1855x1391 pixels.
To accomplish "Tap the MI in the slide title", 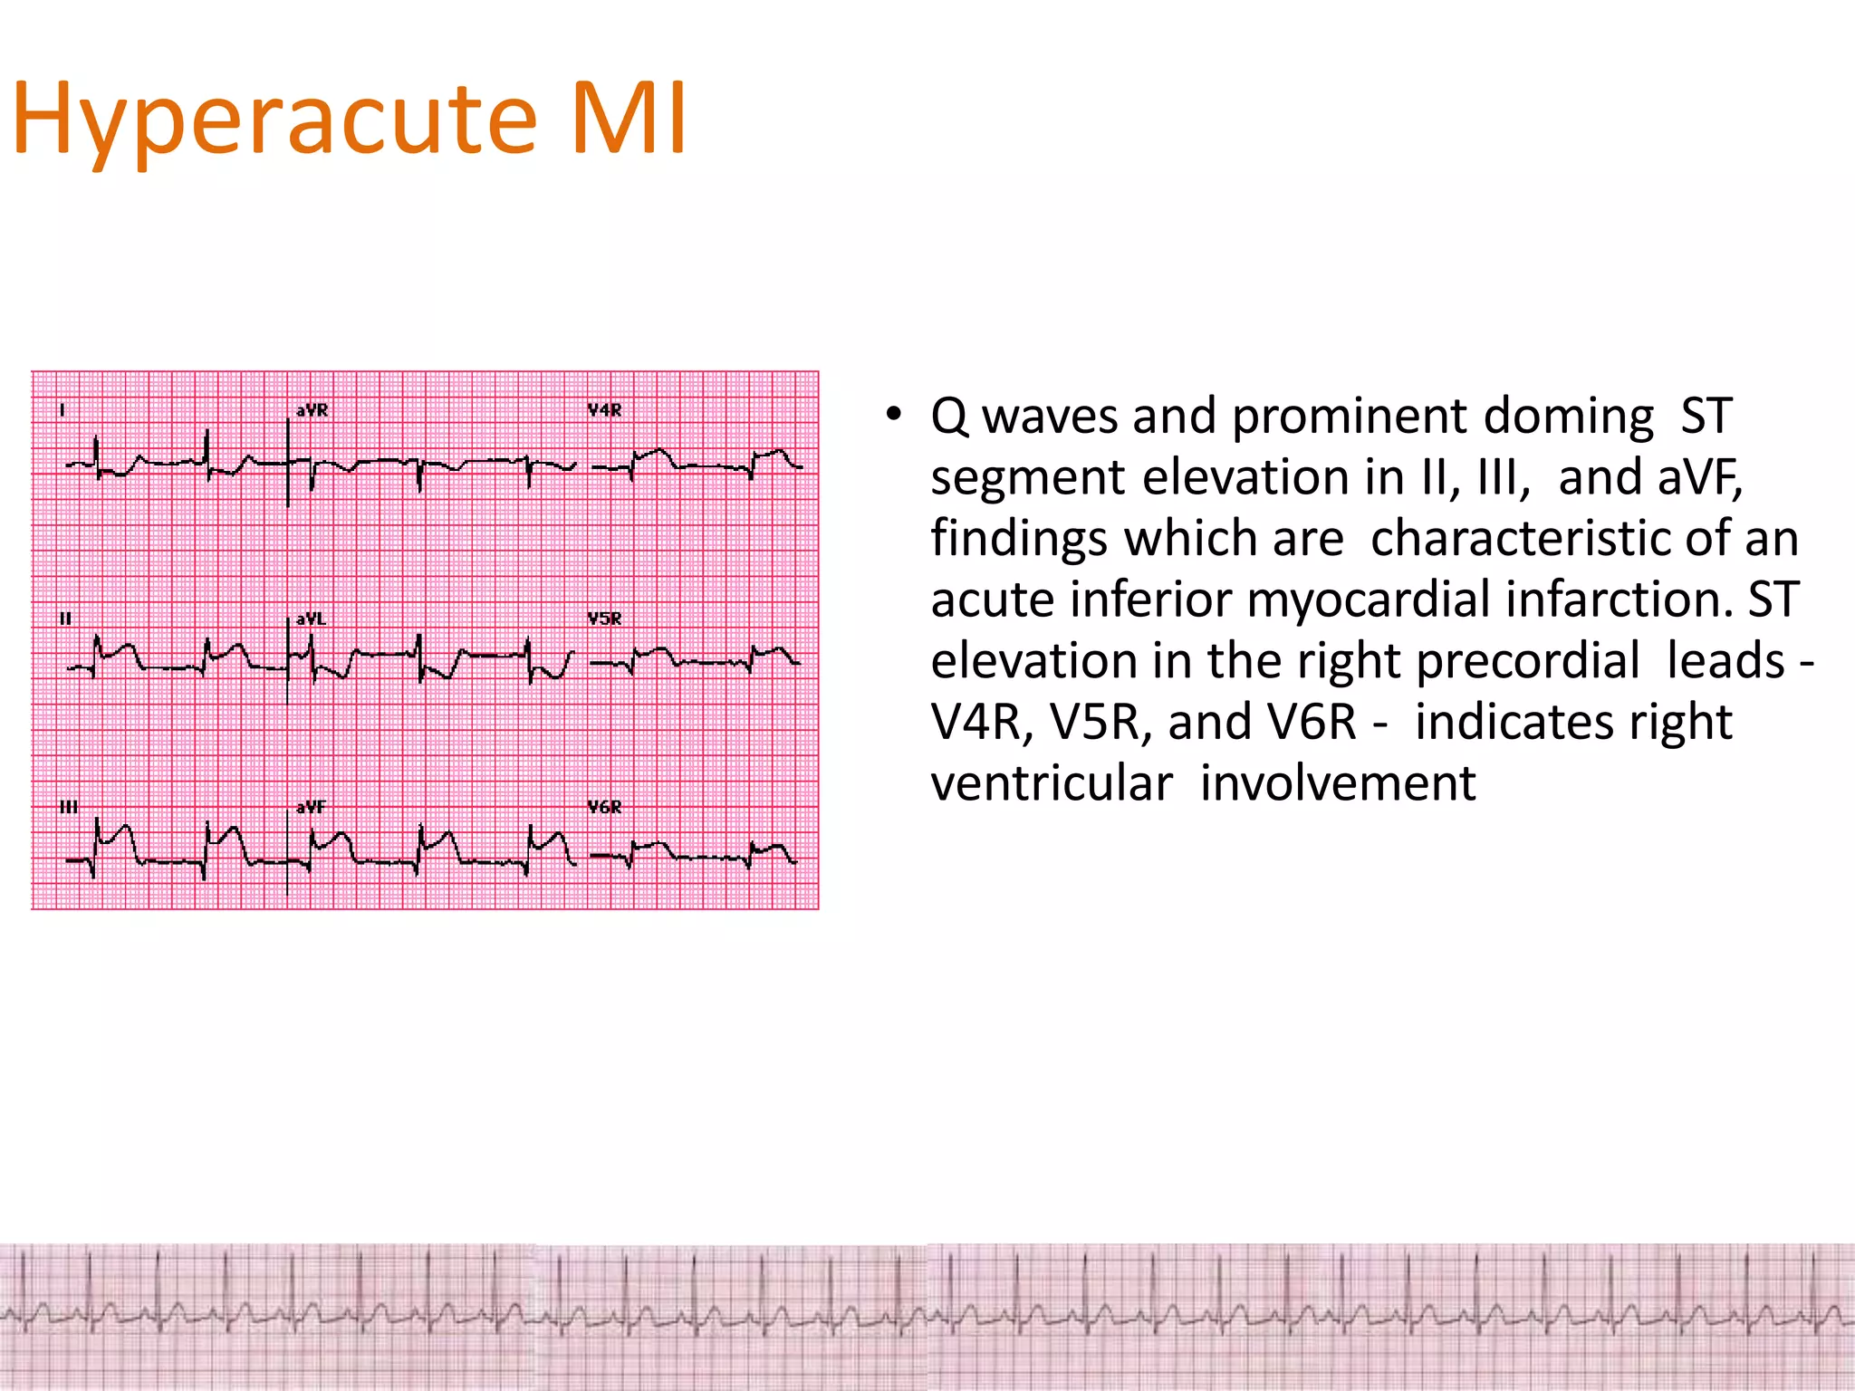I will tap(629, 119).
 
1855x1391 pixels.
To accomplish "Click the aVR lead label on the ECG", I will tap(312, 410).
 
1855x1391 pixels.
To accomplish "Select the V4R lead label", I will tap(604, 410).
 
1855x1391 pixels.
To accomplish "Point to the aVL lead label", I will tap(311, 619).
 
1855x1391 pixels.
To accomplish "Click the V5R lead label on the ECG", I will tap(604, 619).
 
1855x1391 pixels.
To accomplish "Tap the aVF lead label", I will tap(311, 807).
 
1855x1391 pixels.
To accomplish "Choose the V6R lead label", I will tap(604, 807).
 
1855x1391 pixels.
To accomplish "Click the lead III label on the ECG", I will tap(69, 807).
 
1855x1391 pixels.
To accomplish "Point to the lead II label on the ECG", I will tap(65, 619).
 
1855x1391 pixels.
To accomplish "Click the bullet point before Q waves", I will tap(894, 415).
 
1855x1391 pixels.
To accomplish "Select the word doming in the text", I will tap(1569, 417).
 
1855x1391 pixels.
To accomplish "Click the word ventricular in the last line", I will tap(1052, 783).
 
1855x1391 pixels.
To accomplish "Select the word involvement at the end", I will tap(1338, 783).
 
